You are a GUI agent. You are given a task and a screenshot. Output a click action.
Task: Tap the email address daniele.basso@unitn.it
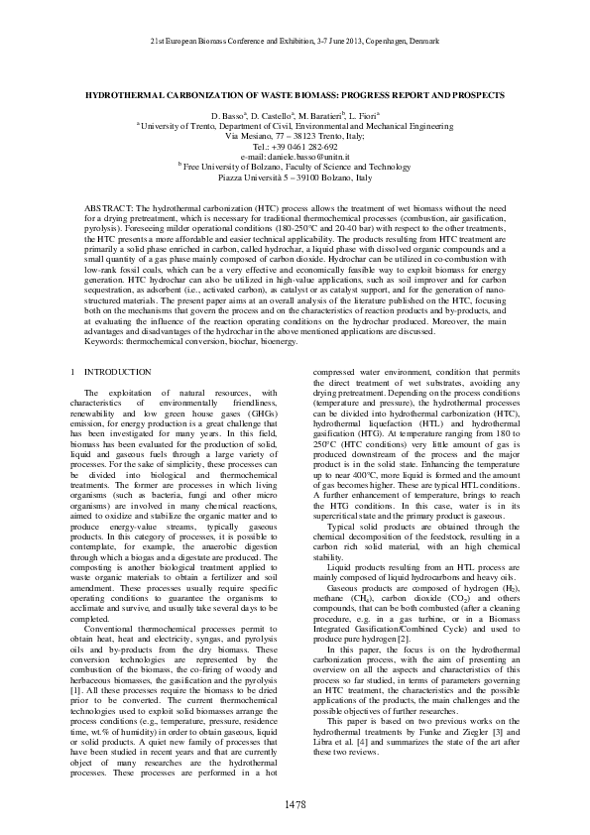[x=295, y=158]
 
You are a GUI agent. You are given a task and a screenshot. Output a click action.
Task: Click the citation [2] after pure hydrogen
[x=404, y=639]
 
